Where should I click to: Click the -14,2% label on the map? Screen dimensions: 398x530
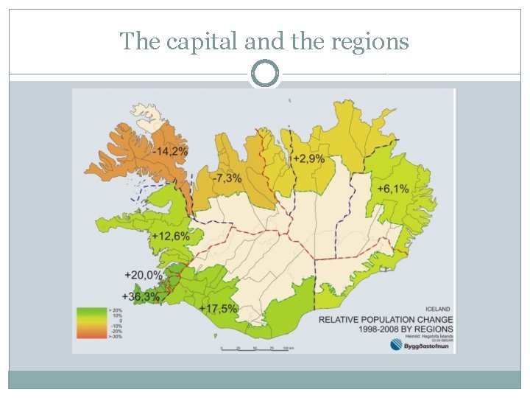pyautogui.click(x=171, y=151)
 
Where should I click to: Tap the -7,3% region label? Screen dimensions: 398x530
pyautogui.click(x=226, y=179)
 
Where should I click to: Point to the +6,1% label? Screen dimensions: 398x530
pyautogui.click(x=393, y=189)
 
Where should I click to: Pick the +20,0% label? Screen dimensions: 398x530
pyautogui.click(x=143, y=274)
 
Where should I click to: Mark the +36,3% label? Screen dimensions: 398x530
pyautogui.click(x=141, y=296)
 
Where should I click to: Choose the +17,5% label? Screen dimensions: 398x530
pyautogui.click(x=219, y=309)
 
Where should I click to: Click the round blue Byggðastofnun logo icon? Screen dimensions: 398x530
pyautogui.click(x=396, y=345)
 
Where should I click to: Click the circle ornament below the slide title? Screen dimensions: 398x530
pyautogui.click(x=265, y=74)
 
